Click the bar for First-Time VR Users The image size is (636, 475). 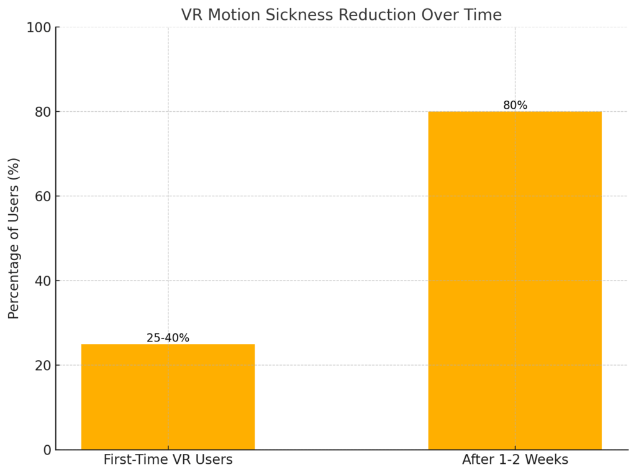(168, 397)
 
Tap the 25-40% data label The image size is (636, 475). (168, 338)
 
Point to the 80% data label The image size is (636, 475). (515, 106)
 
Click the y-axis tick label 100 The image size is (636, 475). (39, 27)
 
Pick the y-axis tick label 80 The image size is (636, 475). (42, 112)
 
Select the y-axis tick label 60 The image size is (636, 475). (42, 196)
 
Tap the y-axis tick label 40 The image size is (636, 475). (42, 281)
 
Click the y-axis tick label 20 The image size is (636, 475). (42, 365)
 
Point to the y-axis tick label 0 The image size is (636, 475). (46, 450)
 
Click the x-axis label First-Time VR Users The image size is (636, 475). (168, 460)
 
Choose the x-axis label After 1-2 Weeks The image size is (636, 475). (515, 460)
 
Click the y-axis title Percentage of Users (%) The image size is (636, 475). (14, 238)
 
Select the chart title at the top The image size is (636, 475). (341, 15)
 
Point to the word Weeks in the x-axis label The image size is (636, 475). (548, 460)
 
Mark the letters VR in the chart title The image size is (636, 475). (192, 15)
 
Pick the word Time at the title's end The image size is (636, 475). (484, 15)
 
